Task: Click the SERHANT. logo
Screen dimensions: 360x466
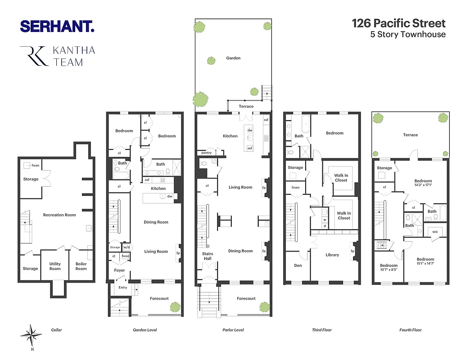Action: [57, 26]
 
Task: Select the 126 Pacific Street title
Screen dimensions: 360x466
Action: [398, 23]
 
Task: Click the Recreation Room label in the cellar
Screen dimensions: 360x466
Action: [59, 215]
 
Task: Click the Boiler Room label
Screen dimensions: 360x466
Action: [81, 266]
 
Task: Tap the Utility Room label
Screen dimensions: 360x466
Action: [55, 266]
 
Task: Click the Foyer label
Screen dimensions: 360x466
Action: [119, 270]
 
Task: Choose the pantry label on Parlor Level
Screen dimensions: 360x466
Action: [206, 153]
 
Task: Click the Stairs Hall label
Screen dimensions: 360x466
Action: [208, 256]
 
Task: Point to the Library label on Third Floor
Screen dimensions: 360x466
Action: [332, 255]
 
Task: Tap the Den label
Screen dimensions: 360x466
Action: [298, 265]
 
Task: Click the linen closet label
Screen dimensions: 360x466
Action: [295, 187]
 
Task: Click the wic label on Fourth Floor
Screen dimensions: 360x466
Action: [435, 232]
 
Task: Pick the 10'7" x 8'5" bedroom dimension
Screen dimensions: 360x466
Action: [388, 271]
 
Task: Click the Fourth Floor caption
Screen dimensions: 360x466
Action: [410, 330]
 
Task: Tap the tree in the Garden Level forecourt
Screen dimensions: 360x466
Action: [174, 307]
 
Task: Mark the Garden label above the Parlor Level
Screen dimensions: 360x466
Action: [233, 58]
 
